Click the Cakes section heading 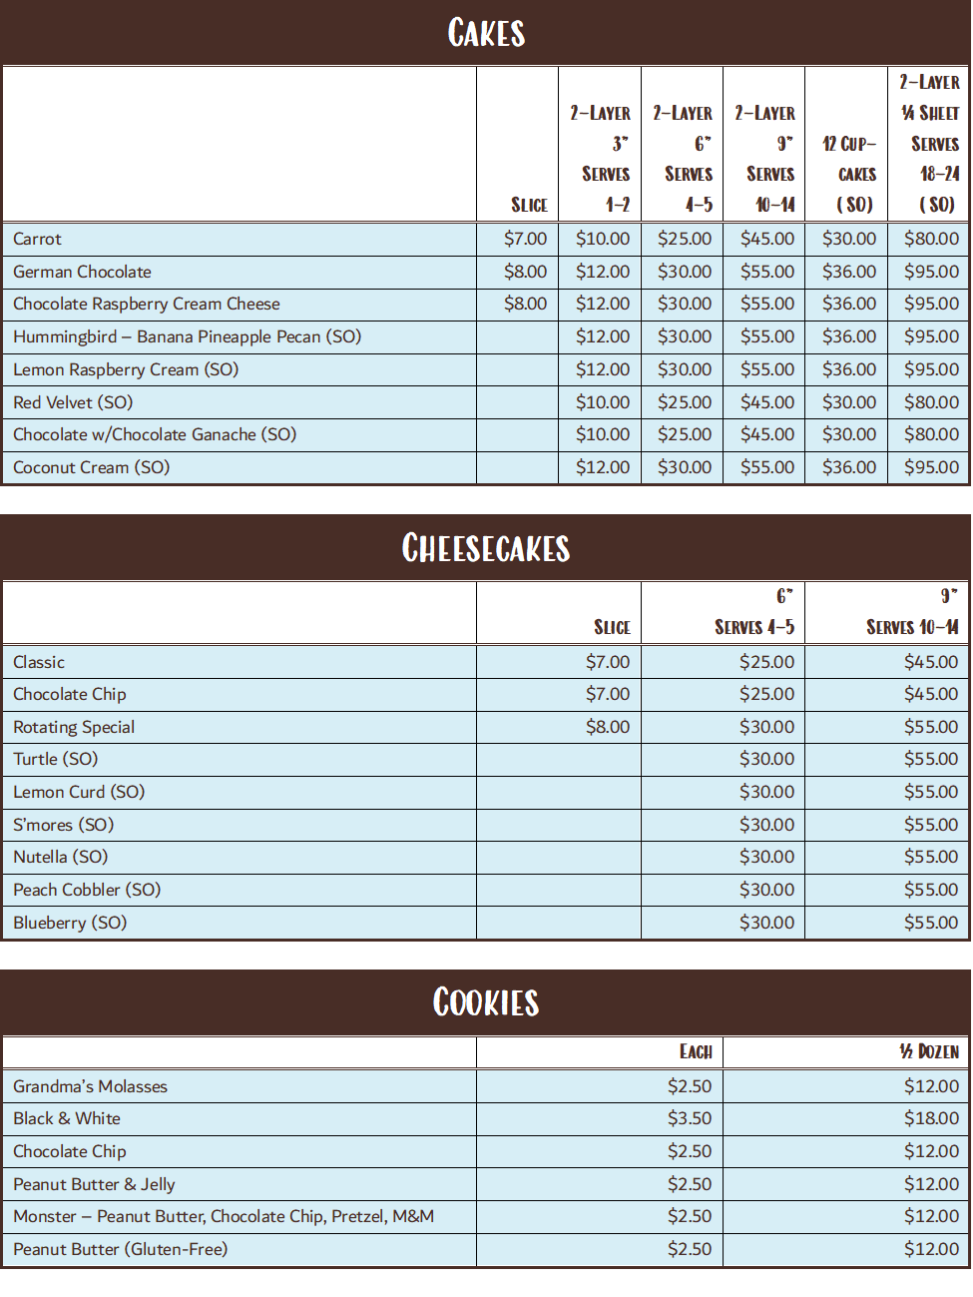(486, 33)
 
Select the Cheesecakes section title (486, 548)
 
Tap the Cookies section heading (486, 1002)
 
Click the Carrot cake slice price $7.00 (525, 239)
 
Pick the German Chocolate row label (82, 272)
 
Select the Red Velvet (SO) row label (73, 402)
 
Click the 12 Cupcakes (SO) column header (848, 174)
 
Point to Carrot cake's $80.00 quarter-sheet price (931, 239)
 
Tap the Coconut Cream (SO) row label (91, 467)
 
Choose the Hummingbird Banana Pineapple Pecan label (187, 336)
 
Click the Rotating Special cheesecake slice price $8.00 (607, 727)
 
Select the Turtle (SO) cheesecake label (55, 759)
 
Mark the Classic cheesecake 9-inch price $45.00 (930, 662)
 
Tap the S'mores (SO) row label (63, 825)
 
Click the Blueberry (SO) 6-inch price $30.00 (766, 923)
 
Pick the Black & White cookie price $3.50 (690, 1118)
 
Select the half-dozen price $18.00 (930, 1118)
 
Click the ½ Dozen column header (928, 1051)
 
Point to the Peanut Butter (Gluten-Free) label (120, 1249)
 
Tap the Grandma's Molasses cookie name (90, 1086)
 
